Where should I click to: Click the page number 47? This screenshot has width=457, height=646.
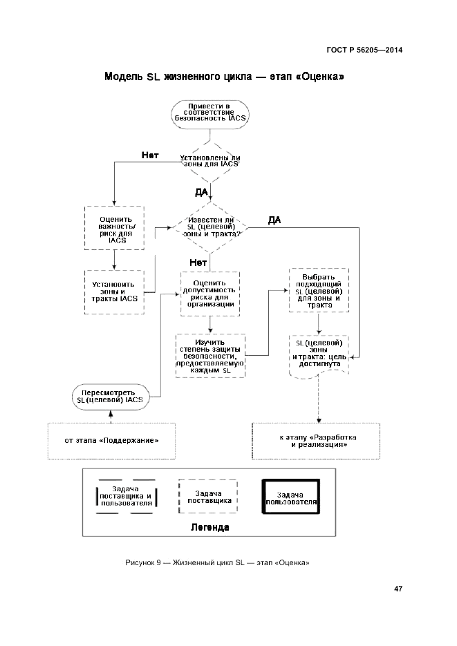[x=398, y=589]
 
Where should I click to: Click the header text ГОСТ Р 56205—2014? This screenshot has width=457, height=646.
[x=364, y=50]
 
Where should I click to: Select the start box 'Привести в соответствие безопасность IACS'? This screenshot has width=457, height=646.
[x=209, y=113]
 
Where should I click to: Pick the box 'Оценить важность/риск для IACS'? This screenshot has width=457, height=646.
[x=113, y=228]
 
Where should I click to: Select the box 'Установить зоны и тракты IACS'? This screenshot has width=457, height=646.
[x=113, y=290]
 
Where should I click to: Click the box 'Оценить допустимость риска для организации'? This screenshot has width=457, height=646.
[x=209, y=293]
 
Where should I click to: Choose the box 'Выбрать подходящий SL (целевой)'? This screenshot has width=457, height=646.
[x=317, y=290]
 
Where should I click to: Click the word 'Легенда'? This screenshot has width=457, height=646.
[x=209, y=526]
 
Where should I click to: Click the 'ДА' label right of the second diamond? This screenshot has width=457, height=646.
[x=274, y=220]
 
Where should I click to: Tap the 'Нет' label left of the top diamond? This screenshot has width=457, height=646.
[x=150, y=155]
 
